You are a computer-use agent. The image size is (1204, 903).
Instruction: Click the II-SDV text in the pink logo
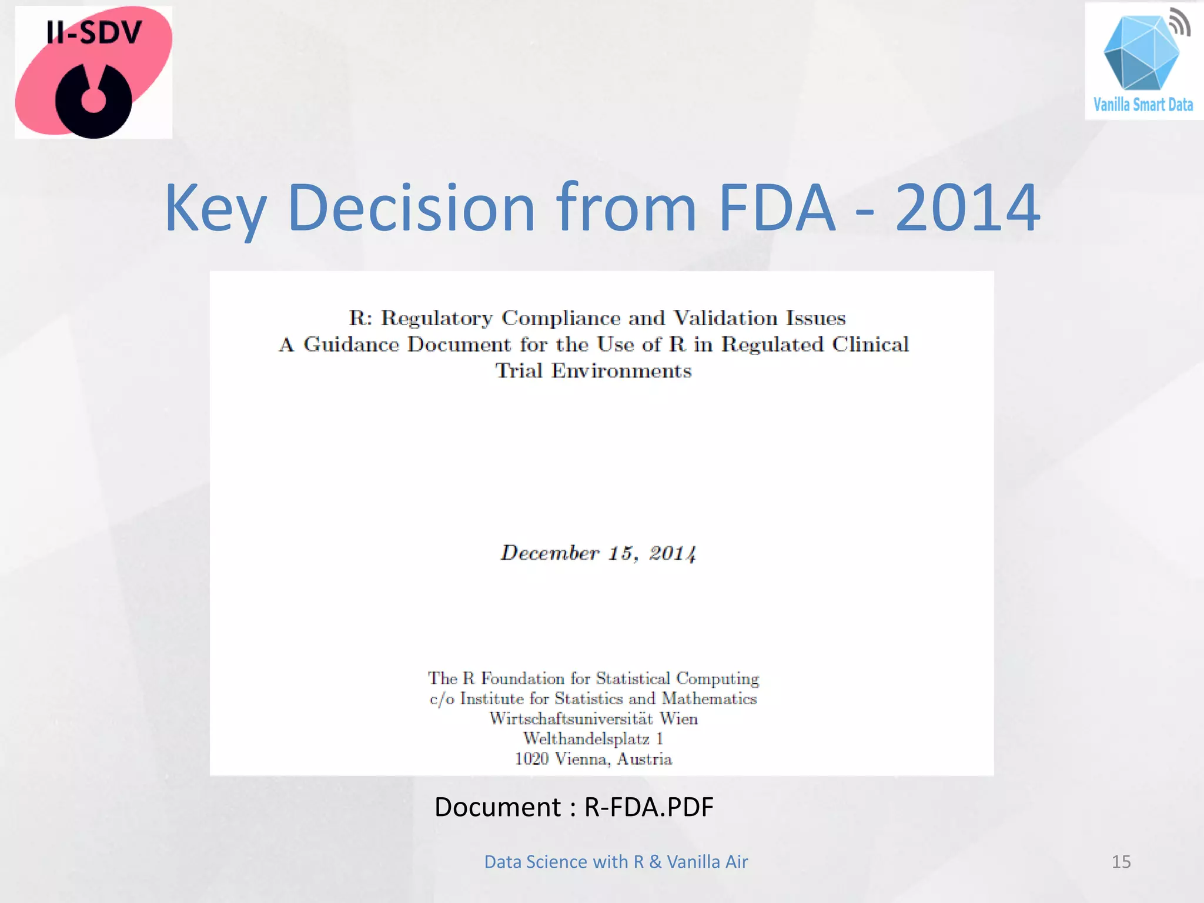[x=94, y=32]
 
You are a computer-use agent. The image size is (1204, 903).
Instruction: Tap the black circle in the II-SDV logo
[x=93, y=101]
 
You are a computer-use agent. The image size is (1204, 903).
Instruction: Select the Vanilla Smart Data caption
[x=1143, y=105]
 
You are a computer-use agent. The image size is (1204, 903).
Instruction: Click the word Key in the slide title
[x=215, y=209]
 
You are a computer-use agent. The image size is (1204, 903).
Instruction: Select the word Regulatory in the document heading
[x=437, y=318]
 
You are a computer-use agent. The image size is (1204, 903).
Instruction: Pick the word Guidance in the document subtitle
[x=351, y=345]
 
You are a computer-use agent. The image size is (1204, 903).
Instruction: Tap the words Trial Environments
[x=593, y=371]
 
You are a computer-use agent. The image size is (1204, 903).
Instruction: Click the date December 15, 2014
[x=598, y=553]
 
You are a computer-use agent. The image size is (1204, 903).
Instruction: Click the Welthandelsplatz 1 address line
[x=593, y=739]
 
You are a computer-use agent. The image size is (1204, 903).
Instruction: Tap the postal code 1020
[x=531, y=759]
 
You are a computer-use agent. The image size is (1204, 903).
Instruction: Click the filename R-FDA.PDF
[x=648, y=807]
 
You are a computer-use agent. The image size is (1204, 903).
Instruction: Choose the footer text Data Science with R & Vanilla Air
[x=616, y=862]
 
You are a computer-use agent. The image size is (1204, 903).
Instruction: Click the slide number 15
[x=1121, y=862]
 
